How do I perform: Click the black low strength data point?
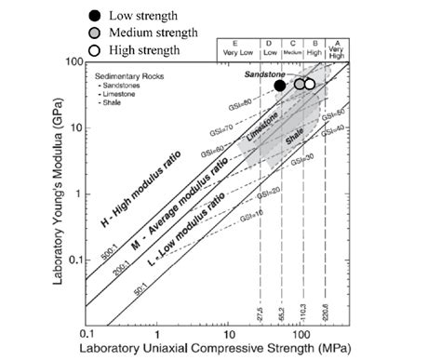(280, 85)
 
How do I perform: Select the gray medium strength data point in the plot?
(300, 84)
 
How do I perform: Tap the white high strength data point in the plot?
(310, 84)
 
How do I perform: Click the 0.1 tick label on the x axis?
(88, 333)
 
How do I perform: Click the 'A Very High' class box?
(337, 49)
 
